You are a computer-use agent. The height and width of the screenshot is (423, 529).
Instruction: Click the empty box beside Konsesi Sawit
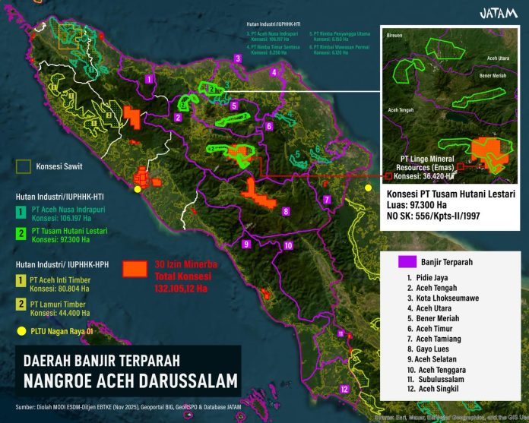point(24,165)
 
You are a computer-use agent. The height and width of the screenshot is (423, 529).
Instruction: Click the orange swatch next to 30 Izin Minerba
point(135,268)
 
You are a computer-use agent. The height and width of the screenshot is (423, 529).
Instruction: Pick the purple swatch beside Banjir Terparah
point(407,262)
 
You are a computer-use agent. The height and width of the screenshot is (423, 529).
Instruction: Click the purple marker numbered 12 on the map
point(344,390)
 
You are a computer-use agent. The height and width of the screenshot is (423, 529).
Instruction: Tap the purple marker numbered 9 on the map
point(245,244)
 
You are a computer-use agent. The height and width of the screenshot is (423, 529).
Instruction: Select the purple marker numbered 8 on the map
point(285,210)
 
